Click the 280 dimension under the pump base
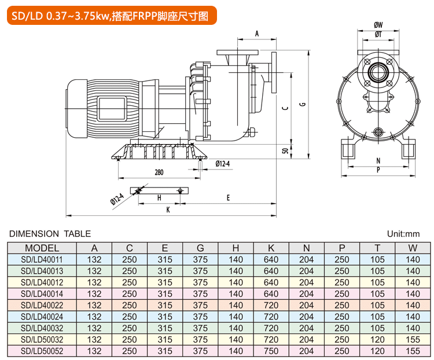(x=159, y=172)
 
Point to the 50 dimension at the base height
(x=285, y=150)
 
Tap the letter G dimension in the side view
(x=302, y=104)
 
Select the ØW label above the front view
(x=378, y=25)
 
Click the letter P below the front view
(x=378, y=170)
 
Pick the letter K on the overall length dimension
(x=168, y=210)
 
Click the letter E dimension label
(x=229, y=197)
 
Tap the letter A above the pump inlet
(x=256, y=34)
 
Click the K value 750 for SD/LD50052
(x=271, y=351)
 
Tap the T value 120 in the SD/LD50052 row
(x=377, y=351)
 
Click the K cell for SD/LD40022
(x=271, y=305)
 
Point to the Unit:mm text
(x=403, y=234)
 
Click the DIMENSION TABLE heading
(x=50, y=234)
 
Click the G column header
(x=200, y=248)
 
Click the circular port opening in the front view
(x=378, y=72)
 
